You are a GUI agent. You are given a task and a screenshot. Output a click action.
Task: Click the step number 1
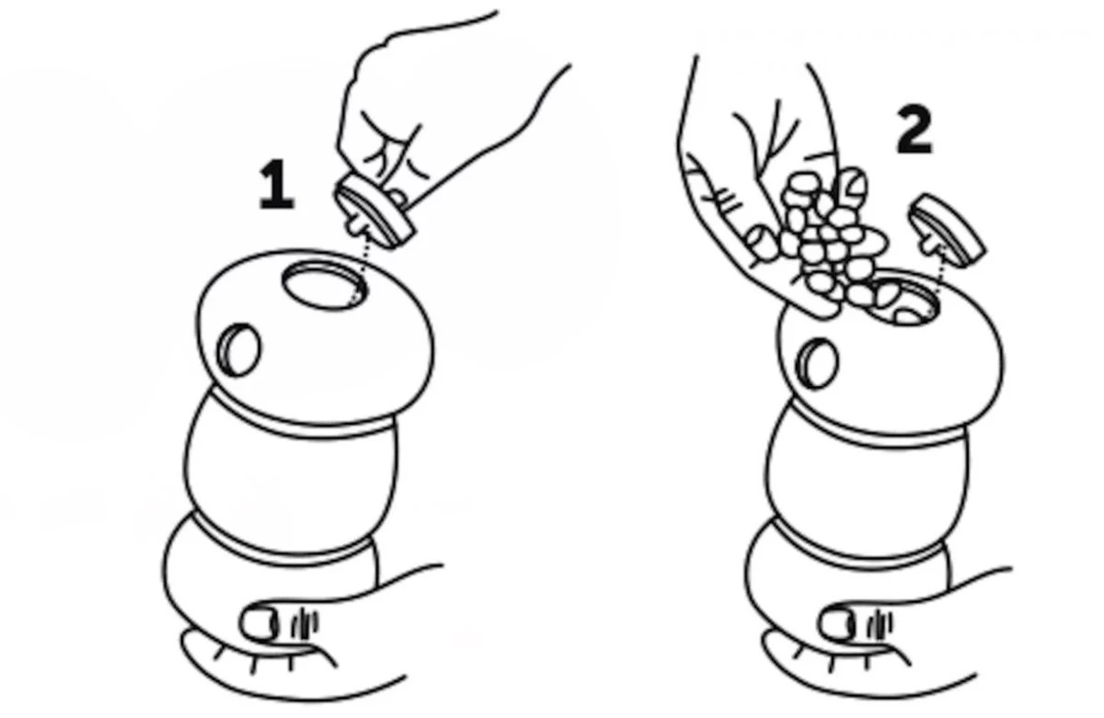[277, 185]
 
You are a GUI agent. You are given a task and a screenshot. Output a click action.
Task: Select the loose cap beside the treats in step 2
[947, 231]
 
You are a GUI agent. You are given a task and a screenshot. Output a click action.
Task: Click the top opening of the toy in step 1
[324, 286]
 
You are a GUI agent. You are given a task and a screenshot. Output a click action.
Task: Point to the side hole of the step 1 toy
[239, 349]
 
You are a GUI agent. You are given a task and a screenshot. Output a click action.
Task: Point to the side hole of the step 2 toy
[817, 363]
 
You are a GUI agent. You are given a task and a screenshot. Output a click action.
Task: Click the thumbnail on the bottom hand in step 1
[259, 624]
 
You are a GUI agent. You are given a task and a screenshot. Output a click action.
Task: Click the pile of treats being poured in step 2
[833, 241]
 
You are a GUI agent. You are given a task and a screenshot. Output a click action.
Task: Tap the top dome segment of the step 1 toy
[316, 340]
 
